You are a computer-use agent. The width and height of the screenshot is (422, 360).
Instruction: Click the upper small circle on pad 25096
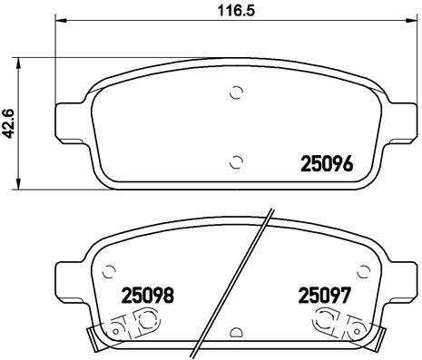coord(236,92)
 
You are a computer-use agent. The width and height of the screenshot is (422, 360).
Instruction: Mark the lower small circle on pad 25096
coord(236,162)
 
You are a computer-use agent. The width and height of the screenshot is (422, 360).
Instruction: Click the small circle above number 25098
coord(110,269)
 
